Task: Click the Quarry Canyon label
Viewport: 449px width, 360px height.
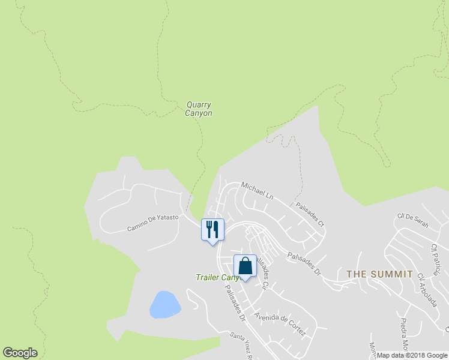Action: tap(199, 109)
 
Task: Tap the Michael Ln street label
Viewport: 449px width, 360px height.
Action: tap(257, 190)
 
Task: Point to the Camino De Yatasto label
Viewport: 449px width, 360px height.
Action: tap(152, 223)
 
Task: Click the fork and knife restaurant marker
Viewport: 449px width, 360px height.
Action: tap(212, 229)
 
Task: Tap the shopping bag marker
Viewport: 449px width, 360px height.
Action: tap(245, 265)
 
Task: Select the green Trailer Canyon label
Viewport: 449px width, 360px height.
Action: tap(217, 277)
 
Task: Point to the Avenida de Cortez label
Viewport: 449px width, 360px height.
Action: tap(280, 324)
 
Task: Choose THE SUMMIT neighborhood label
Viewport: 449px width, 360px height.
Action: tap(379, 274)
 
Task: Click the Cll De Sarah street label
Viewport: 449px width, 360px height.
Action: tap(413, 220)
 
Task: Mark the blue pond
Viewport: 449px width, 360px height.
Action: tap(165, 304)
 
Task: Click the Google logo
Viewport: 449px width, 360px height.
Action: tap(20, 353)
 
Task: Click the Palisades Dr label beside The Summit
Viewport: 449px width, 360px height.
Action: tap(304, 263)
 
